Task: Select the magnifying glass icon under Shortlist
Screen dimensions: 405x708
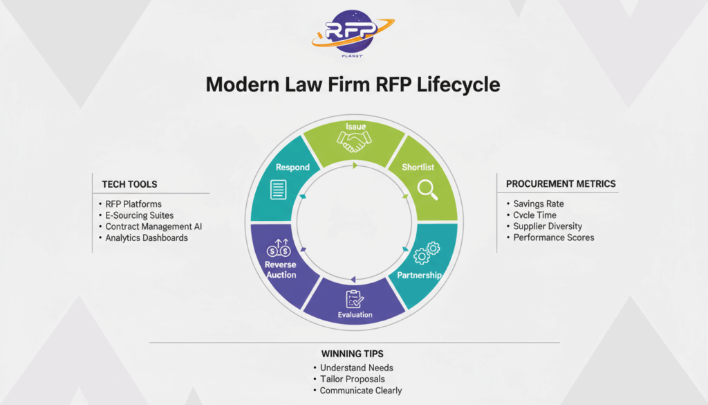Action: (x=427, y=188)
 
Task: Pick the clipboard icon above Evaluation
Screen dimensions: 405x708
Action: (x=355, y=298)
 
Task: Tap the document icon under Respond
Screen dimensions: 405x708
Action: (x=279, y=189)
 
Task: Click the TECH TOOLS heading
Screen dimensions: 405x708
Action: (x=129, y=184)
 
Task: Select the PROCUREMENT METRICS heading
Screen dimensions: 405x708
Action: (x=561, y=183)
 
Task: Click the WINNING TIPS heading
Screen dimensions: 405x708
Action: (x=353, y=354)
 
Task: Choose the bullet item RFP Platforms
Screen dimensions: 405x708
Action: (x=133, y=204)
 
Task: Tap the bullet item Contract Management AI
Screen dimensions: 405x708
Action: (x=153, y=226)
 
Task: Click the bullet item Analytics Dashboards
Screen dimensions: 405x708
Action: (x=147, y=237)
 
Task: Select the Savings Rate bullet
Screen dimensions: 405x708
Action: (x=539, y=204)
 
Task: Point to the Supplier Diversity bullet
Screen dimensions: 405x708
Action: (x=548, y=226)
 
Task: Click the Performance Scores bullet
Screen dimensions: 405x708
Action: (x=554, y=237)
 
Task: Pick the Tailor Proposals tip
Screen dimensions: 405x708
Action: (x=352, y=379)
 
